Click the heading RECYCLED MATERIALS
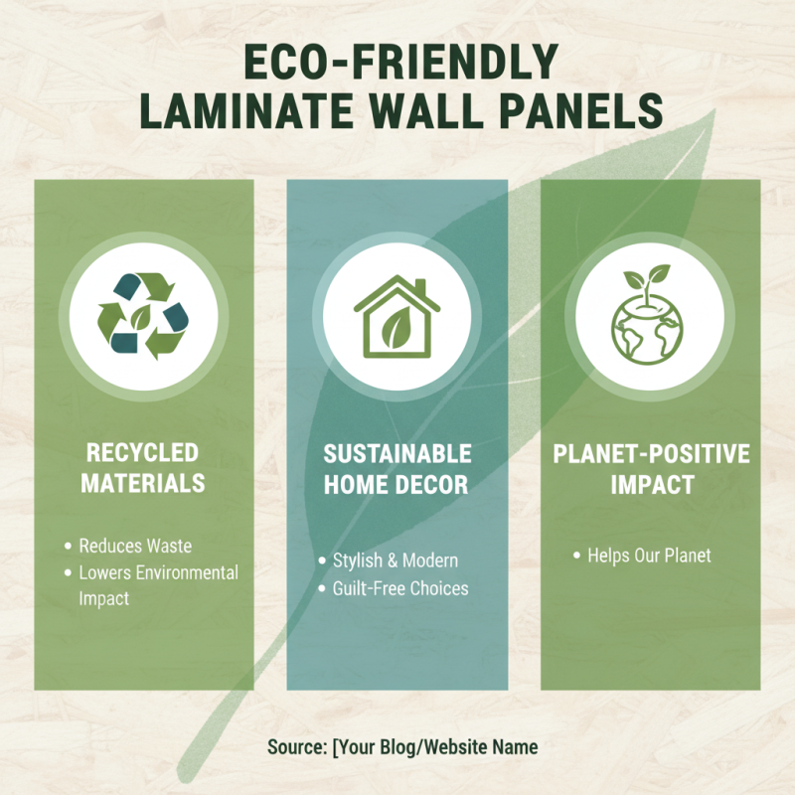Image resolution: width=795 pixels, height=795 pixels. pos(143,468)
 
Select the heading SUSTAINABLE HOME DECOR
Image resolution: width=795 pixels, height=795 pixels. pos(397,468)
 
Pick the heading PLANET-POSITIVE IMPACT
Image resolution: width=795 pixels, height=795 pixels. pos(651,468)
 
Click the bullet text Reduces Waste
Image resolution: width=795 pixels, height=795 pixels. pos(135,546)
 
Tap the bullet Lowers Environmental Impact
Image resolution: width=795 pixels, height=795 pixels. pos(158,585)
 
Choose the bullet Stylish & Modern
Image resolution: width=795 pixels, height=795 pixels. pos(396,560)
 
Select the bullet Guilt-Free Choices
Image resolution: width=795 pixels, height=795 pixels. pos(400,588)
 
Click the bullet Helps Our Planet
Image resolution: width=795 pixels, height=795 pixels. pos(649,556)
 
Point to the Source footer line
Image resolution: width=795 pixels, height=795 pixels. pos(401,746)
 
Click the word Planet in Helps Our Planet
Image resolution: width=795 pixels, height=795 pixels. pos(688,556)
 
